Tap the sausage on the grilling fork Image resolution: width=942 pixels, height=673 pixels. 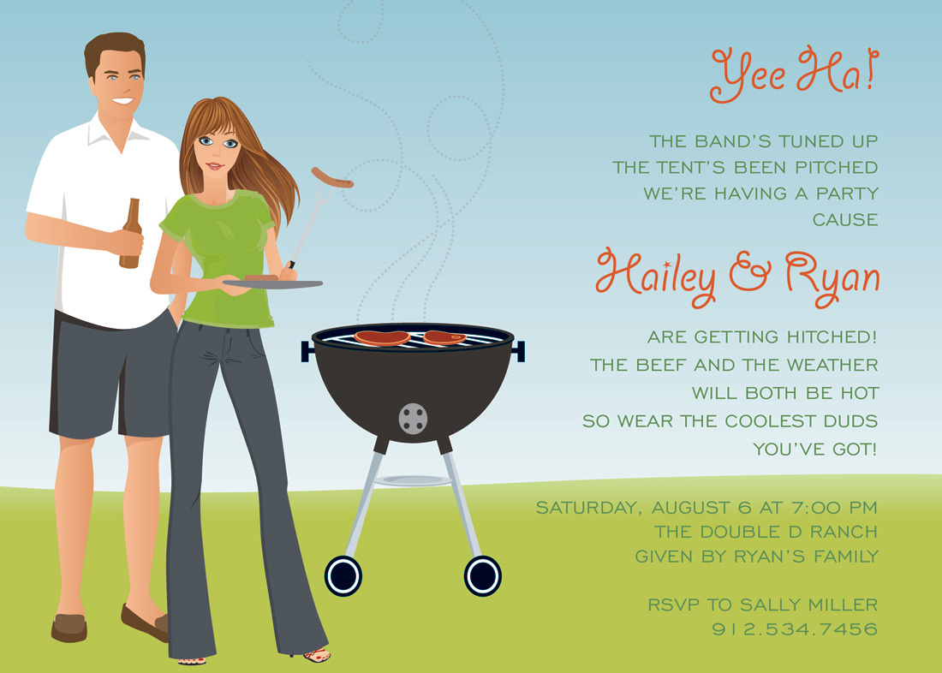pos(332,177)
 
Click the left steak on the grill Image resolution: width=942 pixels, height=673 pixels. pos(382,337)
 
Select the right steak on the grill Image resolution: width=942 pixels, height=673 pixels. pos(444,337)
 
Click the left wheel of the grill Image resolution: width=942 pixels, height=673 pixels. pos(343,575)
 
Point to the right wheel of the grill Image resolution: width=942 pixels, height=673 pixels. pos(482,575)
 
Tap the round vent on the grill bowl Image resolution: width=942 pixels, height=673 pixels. pos(414,418)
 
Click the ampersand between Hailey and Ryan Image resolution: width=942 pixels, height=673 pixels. pos(750,273)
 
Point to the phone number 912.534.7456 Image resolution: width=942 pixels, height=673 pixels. pos(794,629)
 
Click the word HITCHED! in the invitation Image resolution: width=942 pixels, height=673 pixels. pos(832,337)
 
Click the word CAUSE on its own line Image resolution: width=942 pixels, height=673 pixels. pos(845,220)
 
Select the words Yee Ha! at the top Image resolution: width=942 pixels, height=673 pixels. pos(794,74)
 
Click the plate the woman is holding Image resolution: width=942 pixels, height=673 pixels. pos(272,283)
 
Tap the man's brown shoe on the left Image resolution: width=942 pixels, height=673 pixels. pos(69,628)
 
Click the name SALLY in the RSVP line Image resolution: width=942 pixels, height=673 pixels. pos(772,605)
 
